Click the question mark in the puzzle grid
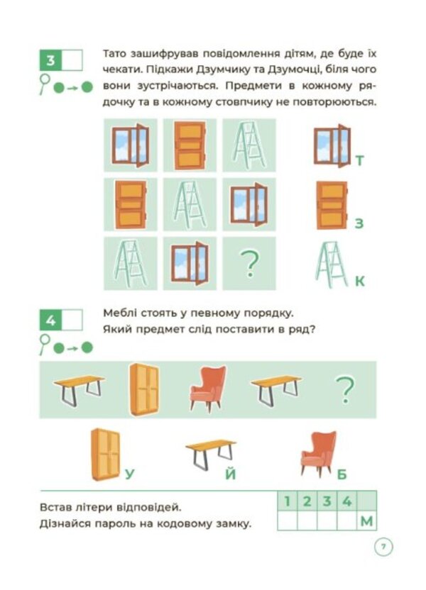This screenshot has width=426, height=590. click(x=249, y=264)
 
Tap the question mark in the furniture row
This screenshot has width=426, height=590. click(x=344, y=390)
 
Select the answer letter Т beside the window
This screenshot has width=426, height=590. click(x=360, y=161)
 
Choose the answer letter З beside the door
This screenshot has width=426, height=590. click(x=359, y=223)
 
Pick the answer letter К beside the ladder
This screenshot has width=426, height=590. click(x=360, y=281)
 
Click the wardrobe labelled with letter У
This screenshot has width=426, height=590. click(x=106, y=454)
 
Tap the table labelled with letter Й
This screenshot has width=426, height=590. click(x=211, y=454)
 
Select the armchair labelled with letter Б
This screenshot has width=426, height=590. click(x=319, y=453)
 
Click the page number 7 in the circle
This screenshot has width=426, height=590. click(x=383, y=546)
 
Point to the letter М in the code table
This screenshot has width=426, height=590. click(x=366, y=521)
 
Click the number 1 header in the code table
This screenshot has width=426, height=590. click(x=287, y=501)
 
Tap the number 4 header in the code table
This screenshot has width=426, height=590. click(x=346, y=501)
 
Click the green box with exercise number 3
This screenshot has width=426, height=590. click(x=50, y=60)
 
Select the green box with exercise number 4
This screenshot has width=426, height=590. click(x=50, y=321)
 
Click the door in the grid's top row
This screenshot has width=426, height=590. click(x=190, y=145)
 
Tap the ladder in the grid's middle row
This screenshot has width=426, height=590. click(x=190, y=205)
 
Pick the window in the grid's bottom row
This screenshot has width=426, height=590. click(x=190, y=263)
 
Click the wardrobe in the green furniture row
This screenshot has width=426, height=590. click(x=144, y=389)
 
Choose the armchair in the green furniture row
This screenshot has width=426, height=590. click(x=208, y=389)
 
